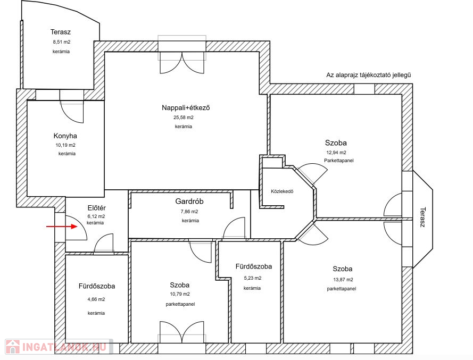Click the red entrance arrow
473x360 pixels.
pos(62,226)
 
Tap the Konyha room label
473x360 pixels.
pos(65,136)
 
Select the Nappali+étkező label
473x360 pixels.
pos(186,107)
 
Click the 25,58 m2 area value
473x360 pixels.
pos(184,118)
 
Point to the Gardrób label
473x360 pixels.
pos(189,201)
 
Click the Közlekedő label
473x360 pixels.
pos(282,191)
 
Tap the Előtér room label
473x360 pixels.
pos(96,208)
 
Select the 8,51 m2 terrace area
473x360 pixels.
pos(62,42)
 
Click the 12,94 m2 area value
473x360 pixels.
pos(336,153)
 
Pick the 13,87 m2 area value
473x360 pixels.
pos(343,280)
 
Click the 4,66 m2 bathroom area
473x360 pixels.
pos(96,299)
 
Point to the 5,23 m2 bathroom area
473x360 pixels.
pos(253,278)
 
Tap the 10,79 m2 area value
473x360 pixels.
pos(180,294)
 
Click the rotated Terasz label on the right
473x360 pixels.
pos(422,217)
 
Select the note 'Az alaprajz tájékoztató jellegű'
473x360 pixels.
pos(369,75)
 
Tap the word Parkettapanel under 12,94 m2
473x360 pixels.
pos(339,161)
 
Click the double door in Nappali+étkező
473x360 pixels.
pos(182,62)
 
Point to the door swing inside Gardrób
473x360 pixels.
pos(234,228)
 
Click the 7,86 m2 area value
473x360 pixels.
pos(189,212)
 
